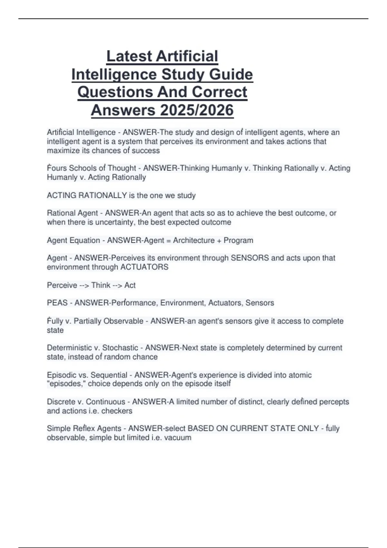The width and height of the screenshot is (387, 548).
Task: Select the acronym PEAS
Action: click(x=57, y=303)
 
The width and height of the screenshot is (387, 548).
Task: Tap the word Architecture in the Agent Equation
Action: click(x=193, y=240)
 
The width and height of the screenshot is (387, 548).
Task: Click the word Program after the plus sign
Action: click(x=238, y=240)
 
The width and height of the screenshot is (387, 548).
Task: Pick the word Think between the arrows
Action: click(x=101, y=285)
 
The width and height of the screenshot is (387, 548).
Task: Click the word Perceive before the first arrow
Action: click(x=62, y=285)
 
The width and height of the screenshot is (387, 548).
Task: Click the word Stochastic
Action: click(x=120, y=347)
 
